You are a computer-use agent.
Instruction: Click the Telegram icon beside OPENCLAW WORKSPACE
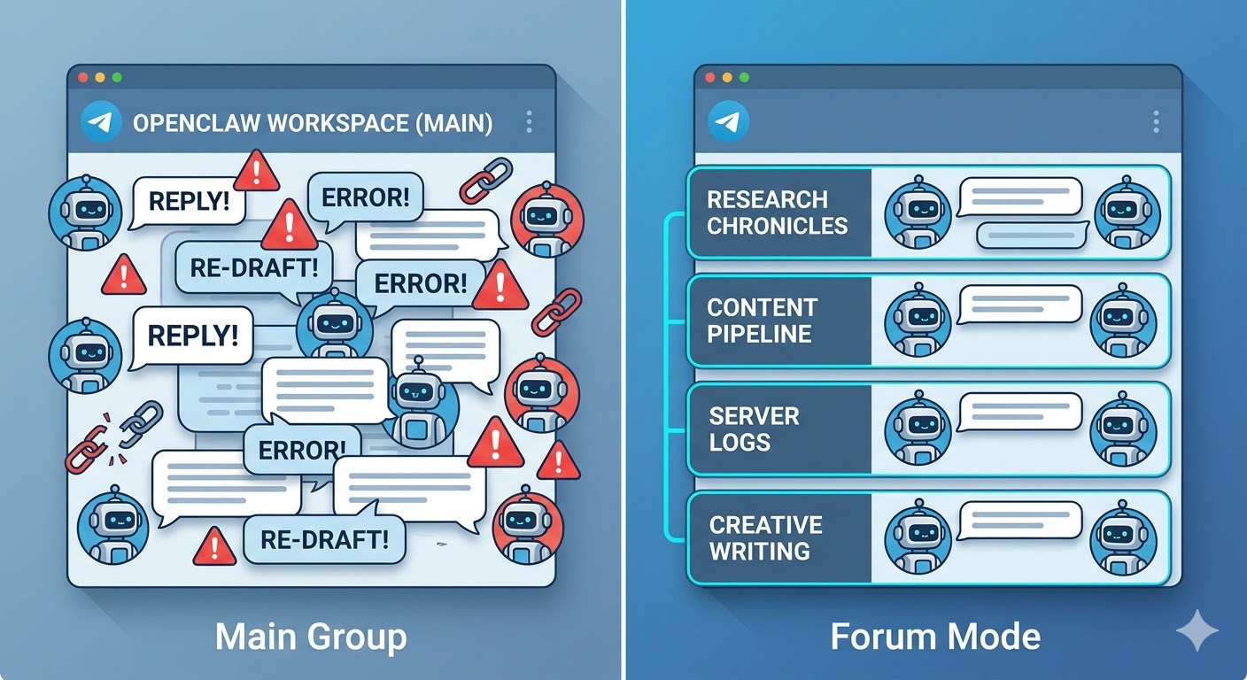point(100,122)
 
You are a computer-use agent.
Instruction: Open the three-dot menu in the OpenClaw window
point(529,122)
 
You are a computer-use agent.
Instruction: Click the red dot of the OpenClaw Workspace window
point(84,77)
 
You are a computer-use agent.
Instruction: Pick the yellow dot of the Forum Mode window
point(727,77)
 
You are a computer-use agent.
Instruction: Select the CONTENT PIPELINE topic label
point(761,321)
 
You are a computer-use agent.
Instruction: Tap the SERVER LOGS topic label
point(754,429)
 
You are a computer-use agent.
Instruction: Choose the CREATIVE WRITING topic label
point(765,537)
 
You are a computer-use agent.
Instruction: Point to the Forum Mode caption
point(935,636)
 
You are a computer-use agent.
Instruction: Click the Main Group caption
point(311,636)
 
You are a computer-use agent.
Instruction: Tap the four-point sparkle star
point(1197,630)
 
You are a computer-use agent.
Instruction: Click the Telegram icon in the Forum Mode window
point(729,122)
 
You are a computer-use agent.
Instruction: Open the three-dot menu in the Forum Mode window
point(1155,122)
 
